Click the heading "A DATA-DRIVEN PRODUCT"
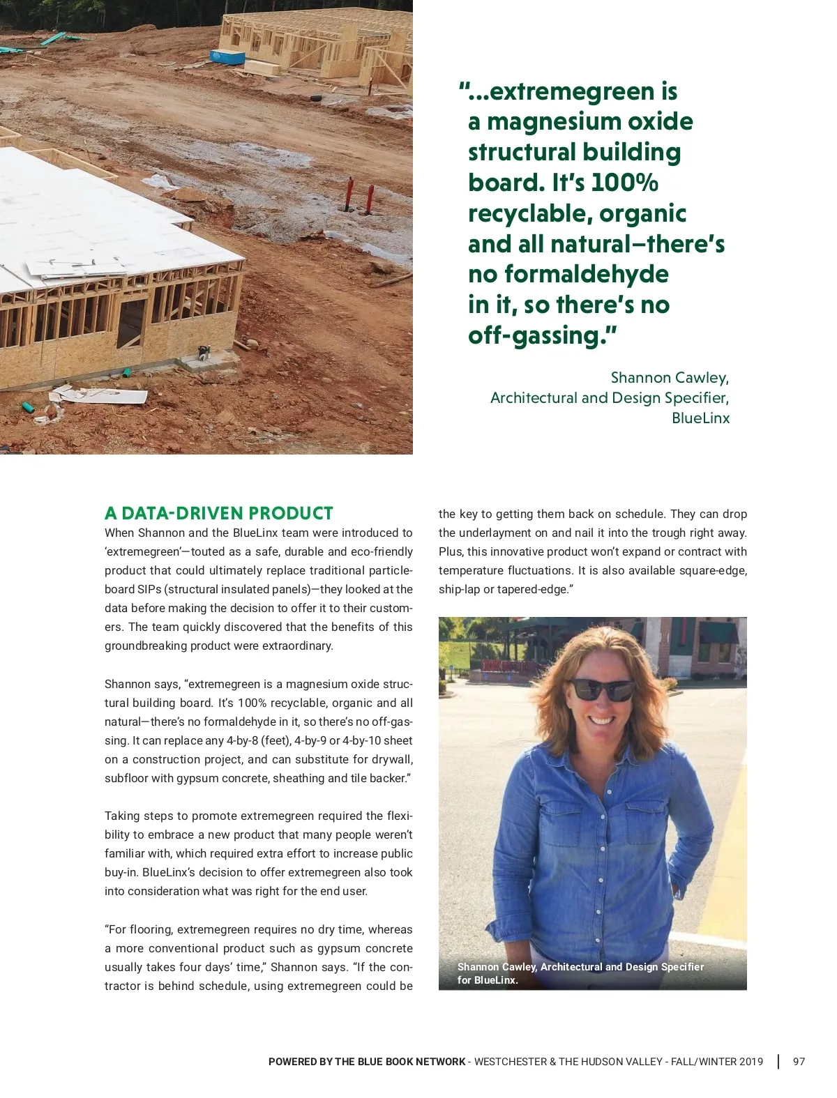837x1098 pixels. point(219,513)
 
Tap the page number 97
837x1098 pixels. point(799,1062)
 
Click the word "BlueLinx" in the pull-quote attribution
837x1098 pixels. point(700,418)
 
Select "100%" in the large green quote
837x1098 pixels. point(624,183)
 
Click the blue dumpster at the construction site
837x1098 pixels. point(227,56)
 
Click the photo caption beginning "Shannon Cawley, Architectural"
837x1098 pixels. point(580,973)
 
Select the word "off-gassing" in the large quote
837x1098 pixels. point(534,335)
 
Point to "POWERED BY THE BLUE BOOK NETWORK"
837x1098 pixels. point(367,1062)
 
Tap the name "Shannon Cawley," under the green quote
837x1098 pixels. point(670,378)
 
